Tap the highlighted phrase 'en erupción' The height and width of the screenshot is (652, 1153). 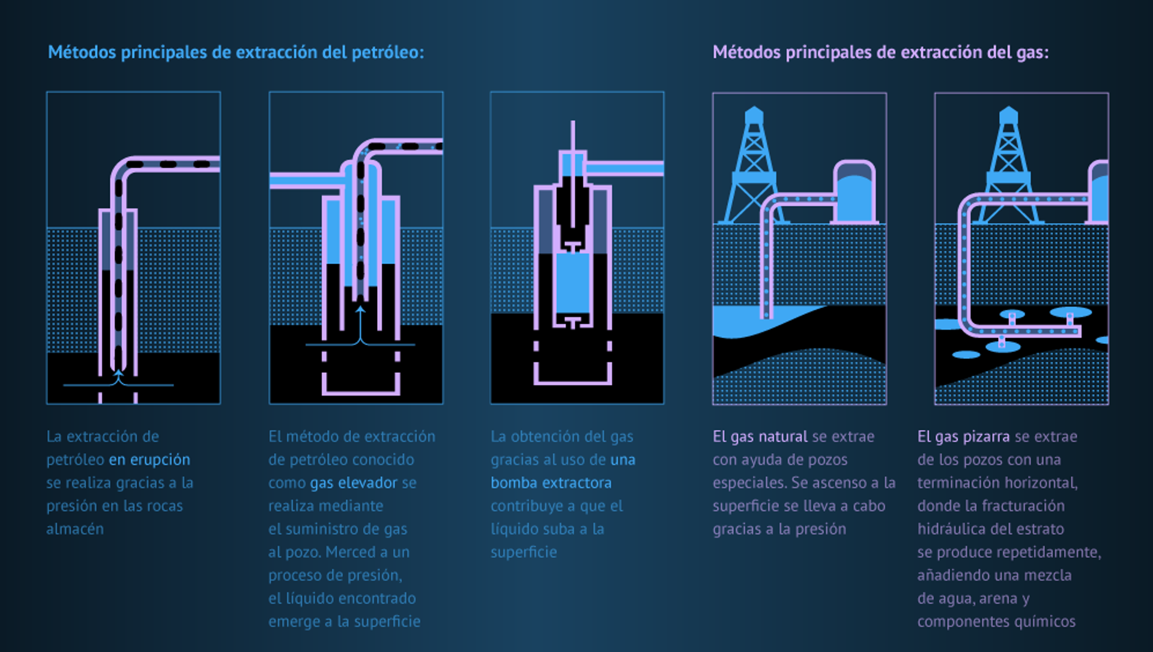click(x=149, y=460)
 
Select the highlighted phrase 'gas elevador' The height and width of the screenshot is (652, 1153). click(x=354, y=483)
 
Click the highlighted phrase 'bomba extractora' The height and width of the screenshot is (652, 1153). click(x=551, y=483)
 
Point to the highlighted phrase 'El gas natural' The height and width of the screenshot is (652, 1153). click(x=760, y=436)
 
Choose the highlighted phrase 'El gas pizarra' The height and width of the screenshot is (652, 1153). click(x=963, y=436)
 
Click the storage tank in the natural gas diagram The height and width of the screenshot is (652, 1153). click(x=855, y=192)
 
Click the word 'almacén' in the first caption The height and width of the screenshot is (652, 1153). click(x=75, y=530)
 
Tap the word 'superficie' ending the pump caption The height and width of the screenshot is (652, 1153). click(x=524, y=552)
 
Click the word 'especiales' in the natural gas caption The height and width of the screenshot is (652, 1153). click(x=749, y=483)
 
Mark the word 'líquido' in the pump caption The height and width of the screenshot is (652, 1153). click(x=511, y=530)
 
